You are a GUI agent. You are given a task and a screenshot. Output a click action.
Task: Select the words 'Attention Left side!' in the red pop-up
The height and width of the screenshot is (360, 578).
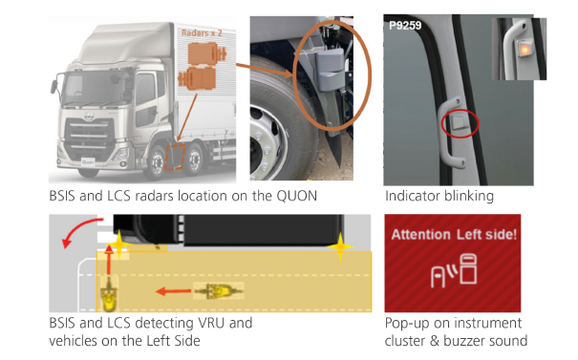coord(454,235)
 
